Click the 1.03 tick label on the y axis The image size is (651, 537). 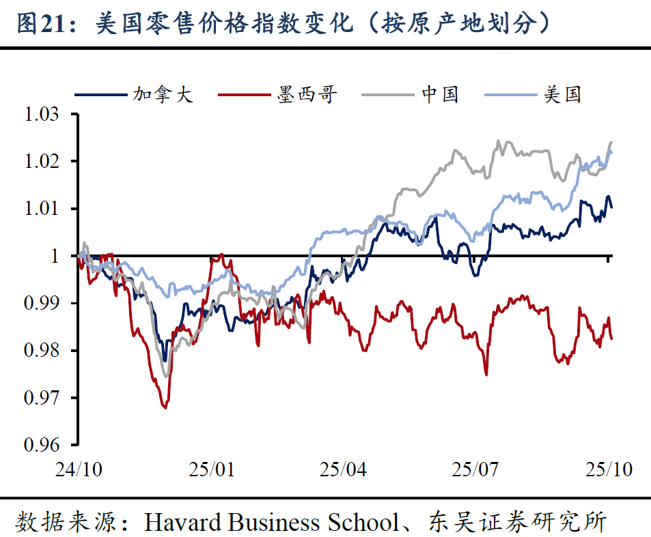click(x=42, y=115)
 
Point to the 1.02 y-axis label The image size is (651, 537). click(x=42, y=162)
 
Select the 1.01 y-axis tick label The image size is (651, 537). click(x=42, y=209)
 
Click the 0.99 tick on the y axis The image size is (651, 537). click(x=42, y=303)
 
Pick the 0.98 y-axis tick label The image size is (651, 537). click(x=42, y=351)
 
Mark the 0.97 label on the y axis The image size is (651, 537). click(x=42, y=398)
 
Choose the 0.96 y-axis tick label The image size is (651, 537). click(x=42, y=445)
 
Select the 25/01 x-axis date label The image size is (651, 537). click(x=211, y=470)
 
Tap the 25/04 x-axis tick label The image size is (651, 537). click(x=343, y=470)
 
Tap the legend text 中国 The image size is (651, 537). click(x=439, y=94)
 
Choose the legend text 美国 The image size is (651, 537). click(x=562, y=94)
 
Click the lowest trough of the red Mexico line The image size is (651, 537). click(x=165, y=407)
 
